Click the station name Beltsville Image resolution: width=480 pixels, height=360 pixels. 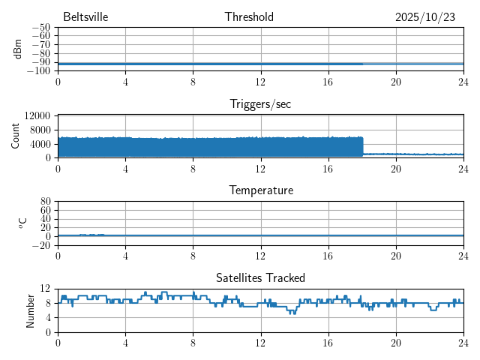86,17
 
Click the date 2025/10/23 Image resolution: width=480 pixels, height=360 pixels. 425,17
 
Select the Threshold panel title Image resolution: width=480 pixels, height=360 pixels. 249,17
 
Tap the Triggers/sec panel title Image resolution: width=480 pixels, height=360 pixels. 260,104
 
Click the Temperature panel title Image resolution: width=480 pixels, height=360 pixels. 260,190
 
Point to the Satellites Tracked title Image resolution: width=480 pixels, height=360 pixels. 260,277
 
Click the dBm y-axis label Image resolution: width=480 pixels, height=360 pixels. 17,49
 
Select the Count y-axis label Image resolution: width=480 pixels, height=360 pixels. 16,136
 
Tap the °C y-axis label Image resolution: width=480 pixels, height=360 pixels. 22,223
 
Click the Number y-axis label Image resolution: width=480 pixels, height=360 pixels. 30,310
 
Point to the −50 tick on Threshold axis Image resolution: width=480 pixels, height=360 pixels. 41,28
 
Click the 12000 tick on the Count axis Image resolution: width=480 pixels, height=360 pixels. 37,115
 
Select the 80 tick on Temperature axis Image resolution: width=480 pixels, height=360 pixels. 45,202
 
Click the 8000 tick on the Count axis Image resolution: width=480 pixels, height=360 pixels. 40,130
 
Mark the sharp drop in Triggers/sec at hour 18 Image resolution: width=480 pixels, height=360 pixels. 363,146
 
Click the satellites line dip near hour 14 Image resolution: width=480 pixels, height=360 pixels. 293,312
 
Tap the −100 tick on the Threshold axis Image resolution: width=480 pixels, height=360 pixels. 39,71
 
